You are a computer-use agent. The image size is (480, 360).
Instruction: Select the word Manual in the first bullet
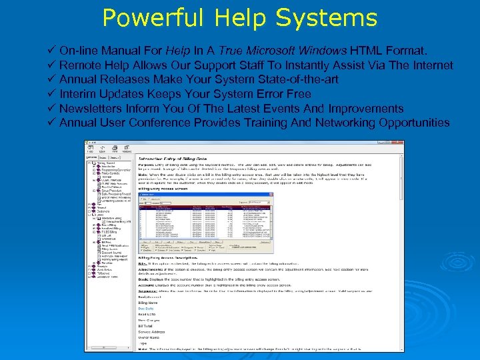(118, 51)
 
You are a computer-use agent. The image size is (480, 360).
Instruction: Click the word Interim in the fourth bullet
(77, 94)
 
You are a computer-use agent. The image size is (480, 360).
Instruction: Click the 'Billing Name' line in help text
(149, 304)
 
